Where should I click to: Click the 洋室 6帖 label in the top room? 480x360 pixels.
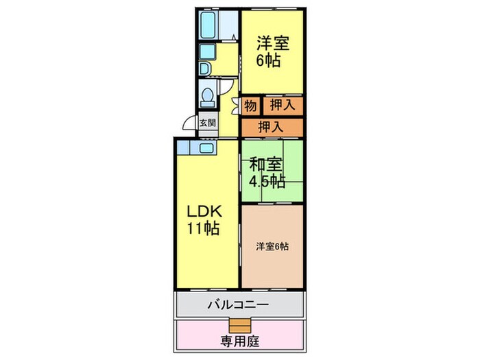[x=272, y=50]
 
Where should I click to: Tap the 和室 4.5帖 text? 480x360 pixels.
[x=266, y=173]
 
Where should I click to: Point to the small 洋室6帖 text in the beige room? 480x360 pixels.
[x=272, y=246]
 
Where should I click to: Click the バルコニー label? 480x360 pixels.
[x=239, y=304]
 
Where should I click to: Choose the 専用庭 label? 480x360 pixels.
[x=241, y=340]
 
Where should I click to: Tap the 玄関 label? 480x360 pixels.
[x=207, y=124]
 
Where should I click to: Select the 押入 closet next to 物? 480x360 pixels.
[x=282, y=106]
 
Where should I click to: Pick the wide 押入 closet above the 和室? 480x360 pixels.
[x=272, y=127]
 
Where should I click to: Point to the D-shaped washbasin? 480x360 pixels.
[x=204, y=69]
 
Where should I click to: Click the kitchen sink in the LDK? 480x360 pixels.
[x=206, y=147]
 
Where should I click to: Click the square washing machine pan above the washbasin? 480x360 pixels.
[x=206, y=52]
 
